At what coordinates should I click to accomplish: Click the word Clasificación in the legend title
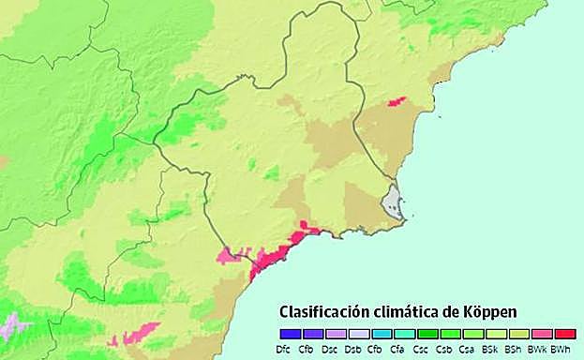[329, 311]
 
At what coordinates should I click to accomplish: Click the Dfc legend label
[284, 349]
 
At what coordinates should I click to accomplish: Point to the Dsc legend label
[329, 349]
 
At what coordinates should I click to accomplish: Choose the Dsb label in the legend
[352, 349]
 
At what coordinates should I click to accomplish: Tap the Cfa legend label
[398, 349]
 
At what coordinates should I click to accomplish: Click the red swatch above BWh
[564, 334]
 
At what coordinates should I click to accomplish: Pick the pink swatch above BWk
[541, 334]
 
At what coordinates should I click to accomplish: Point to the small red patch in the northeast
[397, 101]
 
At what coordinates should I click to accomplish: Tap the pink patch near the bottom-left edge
[139, 332]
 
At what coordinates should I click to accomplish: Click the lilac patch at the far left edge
[11, 327]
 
